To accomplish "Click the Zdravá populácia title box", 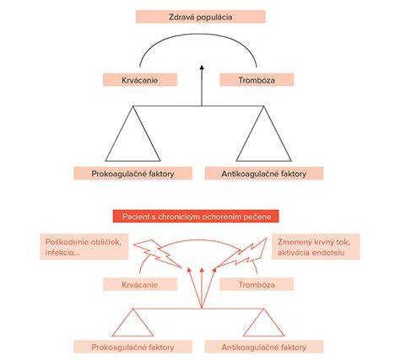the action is click(201, 17).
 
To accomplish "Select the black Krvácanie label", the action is click(140, 80).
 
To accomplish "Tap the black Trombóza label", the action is click(257, 80).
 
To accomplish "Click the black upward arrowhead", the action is click(202, 67).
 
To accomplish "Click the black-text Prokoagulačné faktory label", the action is click(133, 174).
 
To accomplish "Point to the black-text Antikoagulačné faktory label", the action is click(264, 174).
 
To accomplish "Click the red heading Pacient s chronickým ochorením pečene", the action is click(196, 216).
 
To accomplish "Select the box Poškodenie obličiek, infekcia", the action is click(84, 247).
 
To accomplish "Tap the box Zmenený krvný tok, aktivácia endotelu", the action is click(316, 247).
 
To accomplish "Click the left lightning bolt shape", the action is click(158, 253).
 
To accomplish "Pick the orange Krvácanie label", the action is click(140, 284).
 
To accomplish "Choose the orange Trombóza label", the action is click(257, 284).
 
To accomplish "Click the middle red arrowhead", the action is click(202, 271).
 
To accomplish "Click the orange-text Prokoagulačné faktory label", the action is click(133, 347).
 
